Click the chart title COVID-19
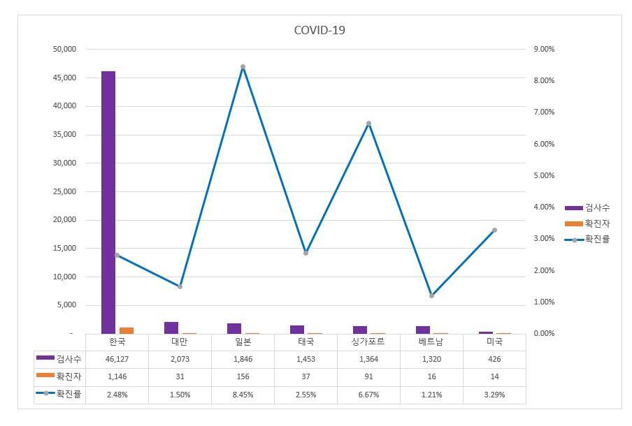pyautogui.click(x=319, y=30)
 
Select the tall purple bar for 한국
pyautogui.click(x=108, y=203)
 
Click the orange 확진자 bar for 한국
pyautogui.click(x=127, y=330)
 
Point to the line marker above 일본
pyautogui.click(x=243, y=67)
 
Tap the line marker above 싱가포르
pyautogui.click(x=368, y=124)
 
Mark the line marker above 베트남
pyautogui.click(x=431, y=295)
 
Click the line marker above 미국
pyautogui.click(x=494, y=230)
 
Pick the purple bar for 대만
pyautogui.click(x=171, y=328)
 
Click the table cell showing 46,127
pyautogui.click(x=117, y=359)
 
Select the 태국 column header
pyautogui.click(x=306, y=342)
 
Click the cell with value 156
pyautogui.click(x=243, y=377)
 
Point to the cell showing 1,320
pyautogui.click(x=431, y=359)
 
